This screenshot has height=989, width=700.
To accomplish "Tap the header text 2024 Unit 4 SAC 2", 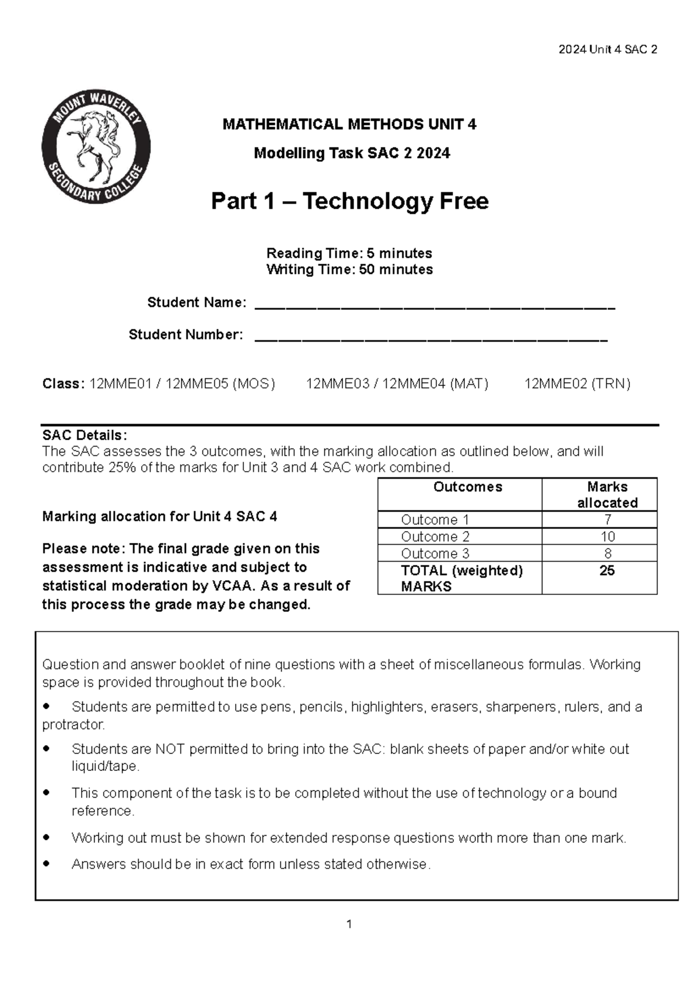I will (x=607, y=50).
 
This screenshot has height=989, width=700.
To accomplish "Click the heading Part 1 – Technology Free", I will (x=349, y=201).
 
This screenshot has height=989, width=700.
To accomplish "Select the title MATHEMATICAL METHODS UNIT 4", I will (x=349, y=124).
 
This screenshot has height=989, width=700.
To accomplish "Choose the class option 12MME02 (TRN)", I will (x=577, y=384).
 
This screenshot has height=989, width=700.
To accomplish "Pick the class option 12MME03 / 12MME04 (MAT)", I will (x=397, y=384).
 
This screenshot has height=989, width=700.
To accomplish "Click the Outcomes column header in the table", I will (x=467, y=487).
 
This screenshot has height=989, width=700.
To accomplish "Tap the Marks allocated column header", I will (x=607, y=495).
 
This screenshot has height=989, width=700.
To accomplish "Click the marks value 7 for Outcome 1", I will (x=607, y=520).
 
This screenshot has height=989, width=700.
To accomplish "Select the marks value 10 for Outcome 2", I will (x=607, y=536).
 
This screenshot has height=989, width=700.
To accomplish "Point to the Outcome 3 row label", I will (x=435, y=553).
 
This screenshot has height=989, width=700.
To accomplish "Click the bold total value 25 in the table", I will (x=607, y=570).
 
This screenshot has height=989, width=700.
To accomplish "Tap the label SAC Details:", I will (x=84, y=435).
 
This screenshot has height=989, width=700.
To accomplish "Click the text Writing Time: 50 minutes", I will (x=349, y=269).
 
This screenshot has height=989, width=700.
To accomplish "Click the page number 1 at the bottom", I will (x=349, y=924).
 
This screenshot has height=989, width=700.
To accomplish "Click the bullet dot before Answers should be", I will (x=47, y=863).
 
